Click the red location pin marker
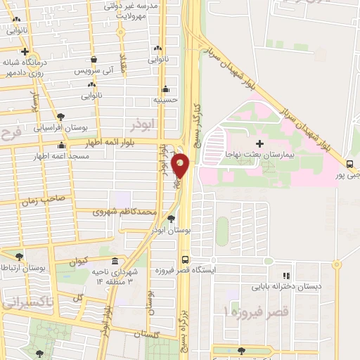click(181, 165)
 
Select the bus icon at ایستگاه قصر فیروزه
click(184, 258)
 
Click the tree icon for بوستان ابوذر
click(172, 219)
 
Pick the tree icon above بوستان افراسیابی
click(62, 117)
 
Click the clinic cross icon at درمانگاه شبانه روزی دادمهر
click(25, 51)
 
